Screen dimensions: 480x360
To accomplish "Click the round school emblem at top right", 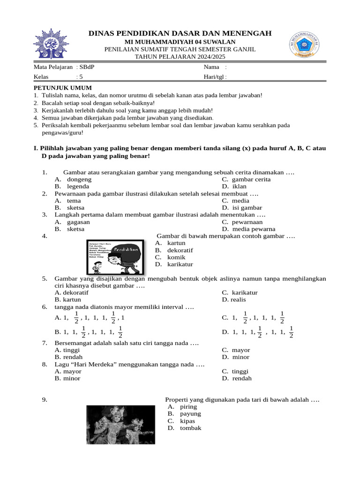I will coord(305,45).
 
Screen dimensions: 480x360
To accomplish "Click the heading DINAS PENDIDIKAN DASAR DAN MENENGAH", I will coord(180,33).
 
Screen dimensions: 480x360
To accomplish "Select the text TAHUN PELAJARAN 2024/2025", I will coord(180,57).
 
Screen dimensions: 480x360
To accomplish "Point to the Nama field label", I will coord(208,67).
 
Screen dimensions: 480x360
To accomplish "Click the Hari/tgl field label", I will coord(212,77).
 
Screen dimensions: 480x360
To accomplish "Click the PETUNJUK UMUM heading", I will coord(63,88).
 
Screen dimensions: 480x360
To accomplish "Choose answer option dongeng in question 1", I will coord(79,180).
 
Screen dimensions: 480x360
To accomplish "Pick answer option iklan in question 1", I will coord(239,187).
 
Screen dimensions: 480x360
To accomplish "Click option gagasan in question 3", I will coord(78,222).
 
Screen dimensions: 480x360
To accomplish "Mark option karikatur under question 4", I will coord(180,264).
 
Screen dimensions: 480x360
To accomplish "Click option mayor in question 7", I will coord(241,350).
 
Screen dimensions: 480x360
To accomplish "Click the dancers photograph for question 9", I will coord(120,425).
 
